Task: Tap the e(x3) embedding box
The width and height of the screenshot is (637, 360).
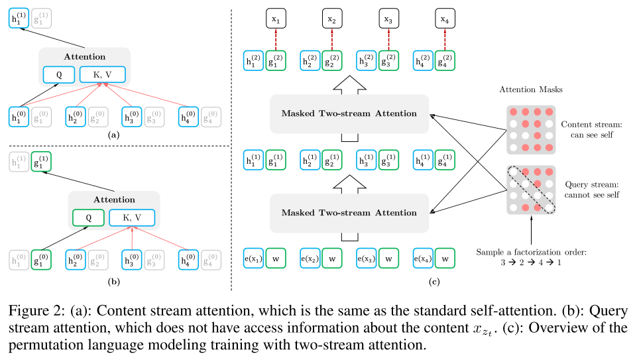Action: pyautogui.click(x=367, y=258)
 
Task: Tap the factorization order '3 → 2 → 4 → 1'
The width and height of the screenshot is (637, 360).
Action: pyautogui.click(x=531, y=264)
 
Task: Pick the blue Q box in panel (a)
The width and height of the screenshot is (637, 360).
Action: pyautogui.click(x=60, y=75)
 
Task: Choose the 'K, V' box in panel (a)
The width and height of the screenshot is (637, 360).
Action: pyautogui.click(x=102, y=75)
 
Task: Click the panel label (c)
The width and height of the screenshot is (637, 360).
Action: pyautogui.click(x=434, y=284)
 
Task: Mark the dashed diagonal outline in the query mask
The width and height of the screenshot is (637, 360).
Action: pyautogui.click(x=531, y=189)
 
